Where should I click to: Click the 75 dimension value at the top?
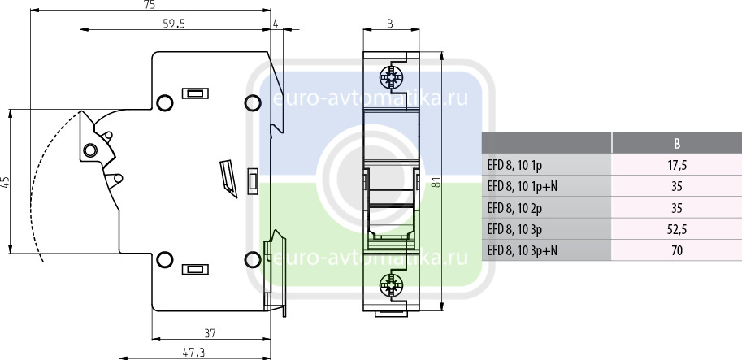pyautogui.click(x=150, y=5)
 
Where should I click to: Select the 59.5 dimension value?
pyautogui.click(x=174, y=24)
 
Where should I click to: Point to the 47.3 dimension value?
pyautogui.click(x=193, y=353)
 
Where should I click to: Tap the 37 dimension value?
pyautogui.click(x=210, y=333)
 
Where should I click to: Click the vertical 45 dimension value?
pyautogui.click(x=5, y=182)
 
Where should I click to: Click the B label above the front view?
pyautogui.click(x=390, y=24)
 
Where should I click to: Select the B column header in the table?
pyautogui.click(x=677, y=143)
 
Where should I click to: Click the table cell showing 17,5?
pyautogui.click(x=677, y=165)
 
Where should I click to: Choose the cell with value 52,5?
pyautogui.click(x=677, y=229)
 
